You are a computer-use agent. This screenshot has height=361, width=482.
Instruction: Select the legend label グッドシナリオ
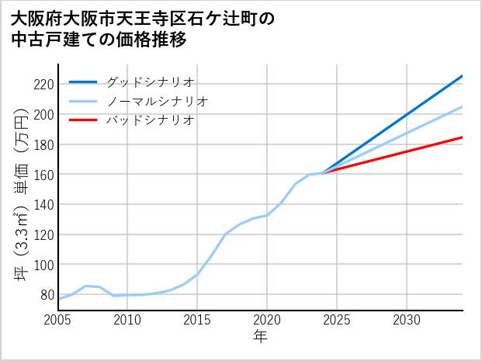pos(150,82)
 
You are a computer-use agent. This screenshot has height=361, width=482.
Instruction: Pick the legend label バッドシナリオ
pos(150,120)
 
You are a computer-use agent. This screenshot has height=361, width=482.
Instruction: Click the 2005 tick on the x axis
pos(58,320)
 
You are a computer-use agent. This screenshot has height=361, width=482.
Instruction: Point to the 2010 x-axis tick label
pos(127,320)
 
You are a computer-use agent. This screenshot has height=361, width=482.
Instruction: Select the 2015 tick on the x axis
pos(197,320)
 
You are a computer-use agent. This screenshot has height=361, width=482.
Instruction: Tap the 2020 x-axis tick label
pos(267,320)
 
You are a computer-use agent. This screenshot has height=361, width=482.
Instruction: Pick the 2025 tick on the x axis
pos(337,320)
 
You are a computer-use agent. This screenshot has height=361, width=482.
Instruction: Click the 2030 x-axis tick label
pos(407,320)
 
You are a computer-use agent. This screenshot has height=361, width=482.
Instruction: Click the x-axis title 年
pos(261,337)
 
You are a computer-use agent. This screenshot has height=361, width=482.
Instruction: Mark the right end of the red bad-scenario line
pos(463,137)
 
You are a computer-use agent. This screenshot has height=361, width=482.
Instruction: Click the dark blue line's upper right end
pos(463,75)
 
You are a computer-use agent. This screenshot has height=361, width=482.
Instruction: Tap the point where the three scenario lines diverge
pos(323,172)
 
